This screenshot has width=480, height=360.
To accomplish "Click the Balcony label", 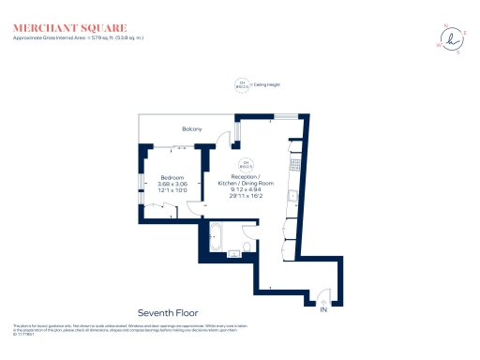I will click(x=191, y=128).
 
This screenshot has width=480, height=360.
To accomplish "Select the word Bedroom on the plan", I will click(x=172, y=176).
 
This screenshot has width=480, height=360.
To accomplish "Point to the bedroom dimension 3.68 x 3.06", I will click(x=172, y=184).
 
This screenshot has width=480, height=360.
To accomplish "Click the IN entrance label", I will click(x=324, y=308).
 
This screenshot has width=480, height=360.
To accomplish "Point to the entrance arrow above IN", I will click(x=324, y=299).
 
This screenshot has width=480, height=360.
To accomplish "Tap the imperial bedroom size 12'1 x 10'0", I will click(x=172, y=191).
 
